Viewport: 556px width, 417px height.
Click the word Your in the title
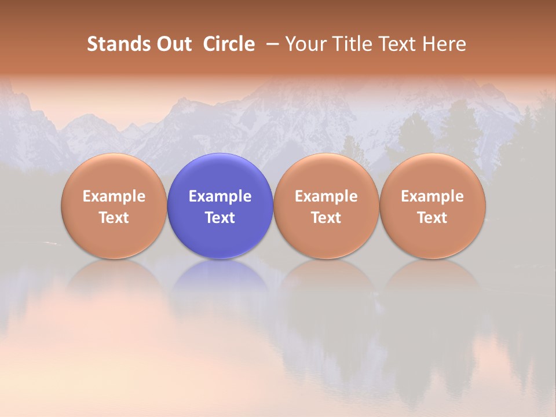tap(304, 44)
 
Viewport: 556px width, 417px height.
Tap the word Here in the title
tap(444, 44)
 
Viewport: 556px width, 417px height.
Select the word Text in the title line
tap(396, 44)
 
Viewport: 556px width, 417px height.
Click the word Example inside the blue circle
tap(220, 196)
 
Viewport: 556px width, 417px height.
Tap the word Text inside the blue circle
tap(220, 218)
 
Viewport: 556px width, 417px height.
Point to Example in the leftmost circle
tap(114, 196)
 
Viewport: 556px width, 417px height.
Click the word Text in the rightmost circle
tap(433, 218)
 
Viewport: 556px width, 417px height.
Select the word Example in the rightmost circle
tap(433, 196)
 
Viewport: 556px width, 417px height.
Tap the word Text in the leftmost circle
tap(114, 218)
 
